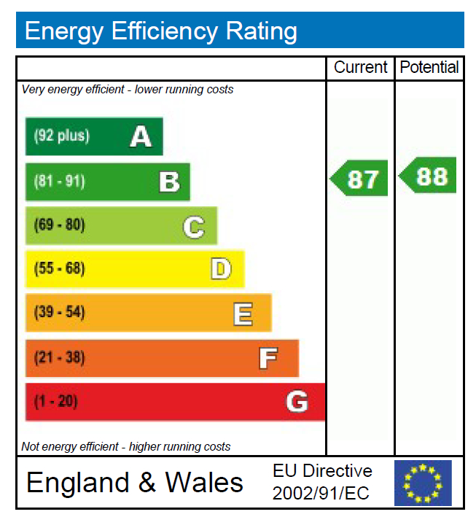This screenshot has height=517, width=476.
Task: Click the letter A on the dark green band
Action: (x=141, y=136)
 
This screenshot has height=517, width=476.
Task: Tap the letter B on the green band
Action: (x=169, y=182)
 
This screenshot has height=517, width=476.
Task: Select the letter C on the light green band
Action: (x=193, y=227)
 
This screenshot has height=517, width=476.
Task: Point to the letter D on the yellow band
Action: (x=221, y=269)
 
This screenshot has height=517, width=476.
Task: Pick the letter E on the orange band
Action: (x=243, y=314)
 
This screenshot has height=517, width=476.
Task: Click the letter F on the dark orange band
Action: (x=268, y=358)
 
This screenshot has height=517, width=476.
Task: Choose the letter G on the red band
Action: (x=297, y=402)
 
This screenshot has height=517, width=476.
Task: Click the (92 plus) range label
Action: (x=62, y=136)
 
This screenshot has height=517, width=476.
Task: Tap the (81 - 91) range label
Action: (x=60, y=182)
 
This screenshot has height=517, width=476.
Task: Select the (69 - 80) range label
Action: (x=60, y=225)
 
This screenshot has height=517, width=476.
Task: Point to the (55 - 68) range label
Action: (x=60, y=269)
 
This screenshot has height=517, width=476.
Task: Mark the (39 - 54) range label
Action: (x=60, y=314)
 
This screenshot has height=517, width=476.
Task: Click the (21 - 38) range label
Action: (x=60, y=358)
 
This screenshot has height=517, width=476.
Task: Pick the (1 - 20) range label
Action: (x=56, y=402)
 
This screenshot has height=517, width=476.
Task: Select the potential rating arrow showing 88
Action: (x=429, y=176)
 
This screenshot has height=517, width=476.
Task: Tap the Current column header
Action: (x=360, y=68)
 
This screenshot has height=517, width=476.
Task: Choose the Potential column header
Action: (x=429, y=68)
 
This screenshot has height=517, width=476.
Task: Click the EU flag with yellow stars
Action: (x=423, y=482)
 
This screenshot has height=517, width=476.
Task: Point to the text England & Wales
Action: (x=135, y=483)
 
